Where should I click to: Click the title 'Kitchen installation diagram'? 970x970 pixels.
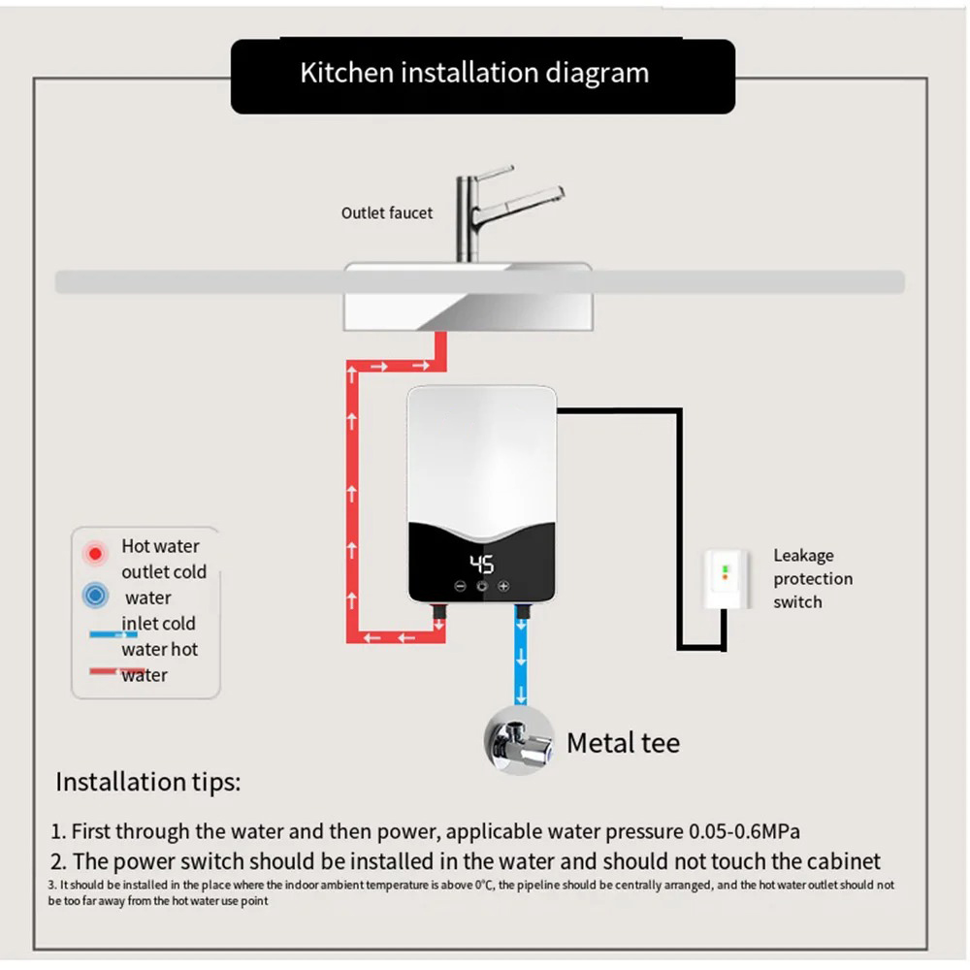474,74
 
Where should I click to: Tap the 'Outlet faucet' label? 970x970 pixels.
387,212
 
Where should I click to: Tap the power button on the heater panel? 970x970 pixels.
482,586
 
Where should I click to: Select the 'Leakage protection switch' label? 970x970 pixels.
813,579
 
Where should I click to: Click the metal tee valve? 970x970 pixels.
518,743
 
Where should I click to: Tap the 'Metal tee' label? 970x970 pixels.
623,743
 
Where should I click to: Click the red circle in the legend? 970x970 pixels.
95,554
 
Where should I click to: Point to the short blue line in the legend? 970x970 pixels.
113,633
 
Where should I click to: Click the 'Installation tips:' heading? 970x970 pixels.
147,782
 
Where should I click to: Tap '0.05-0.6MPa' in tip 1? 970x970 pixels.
745,831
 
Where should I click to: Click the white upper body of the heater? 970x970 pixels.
481,451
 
